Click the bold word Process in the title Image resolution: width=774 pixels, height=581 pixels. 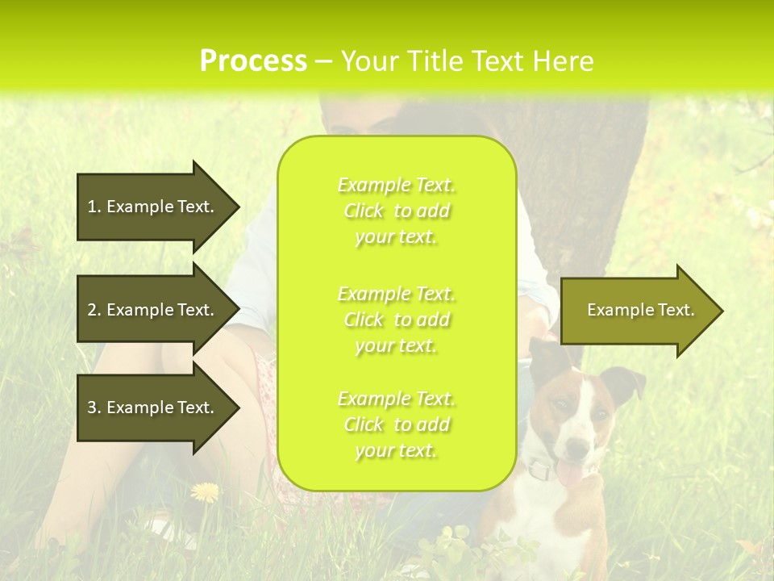click(253, 61)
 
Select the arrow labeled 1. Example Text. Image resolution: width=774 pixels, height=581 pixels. click(153, 207)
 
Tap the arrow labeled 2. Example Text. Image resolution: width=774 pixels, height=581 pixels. click(153, 310)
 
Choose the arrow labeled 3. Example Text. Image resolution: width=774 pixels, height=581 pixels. click(153, 408)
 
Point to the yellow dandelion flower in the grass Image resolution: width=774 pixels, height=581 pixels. click(205, 491)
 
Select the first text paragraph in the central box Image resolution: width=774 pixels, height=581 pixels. click(397, 211)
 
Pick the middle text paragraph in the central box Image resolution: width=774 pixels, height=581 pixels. click(397, 320)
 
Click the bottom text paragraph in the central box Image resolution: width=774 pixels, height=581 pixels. click(397, 424)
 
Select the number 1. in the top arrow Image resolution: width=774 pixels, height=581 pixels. click(94, 207)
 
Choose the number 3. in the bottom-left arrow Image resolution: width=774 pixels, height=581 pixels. click(94, 408)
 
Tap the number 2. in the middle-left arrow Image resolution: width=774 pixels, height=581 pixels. click(94, 310)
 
